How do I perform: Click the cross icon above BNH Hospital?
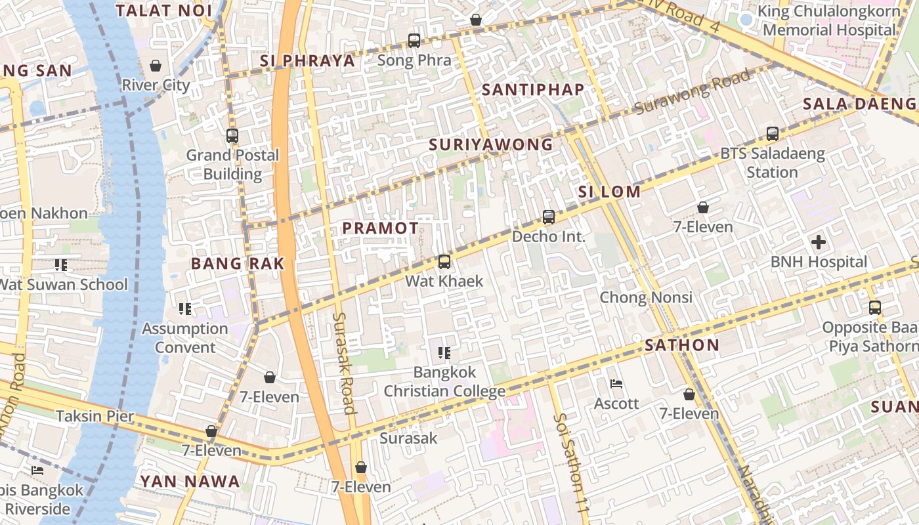point(818,242)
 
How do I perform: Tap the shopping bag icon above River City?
point(156,66)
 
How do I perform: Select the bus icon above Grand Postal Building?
point(232,136)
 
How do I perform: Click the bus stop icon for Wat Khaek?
point(444,262)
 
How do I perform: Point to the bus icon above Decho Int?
point(548,217)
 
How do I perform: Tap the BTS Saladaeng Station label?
point(772,163)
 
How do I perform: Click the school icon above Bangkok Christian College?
point(444,353)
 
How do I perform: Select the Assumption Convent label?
point(185,338)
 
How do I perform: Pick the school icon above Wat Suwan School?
point(61,265)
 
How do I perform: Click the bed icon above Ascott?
point(616,384)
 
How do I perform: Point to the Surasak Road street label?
point(344,362)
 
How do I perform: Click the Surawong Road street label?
point(693,92)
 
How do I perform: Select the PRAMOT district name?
point(380,228)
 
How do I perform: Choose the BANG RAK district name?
point(238,264)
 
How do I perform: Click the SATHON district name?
point(682,345)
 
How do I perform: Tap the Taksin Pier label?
point(95,416)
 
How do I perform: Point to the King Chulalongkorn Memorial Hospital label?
point(829,20)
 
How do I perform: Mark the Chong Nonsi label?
point(646,297)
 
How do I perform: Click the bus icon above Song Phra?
point(414,41)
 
